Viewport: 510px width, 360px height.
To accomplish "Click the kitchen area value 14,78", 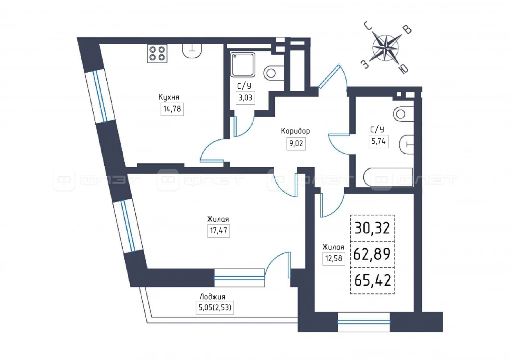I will point(172,109).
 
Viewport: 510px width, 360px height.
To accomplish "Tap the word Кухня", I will point(169,97).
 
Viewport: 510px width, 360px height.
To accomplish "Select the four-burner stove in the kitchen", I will point(157,53).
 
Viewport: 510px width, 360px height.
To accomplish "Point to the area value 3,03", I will point(245,98).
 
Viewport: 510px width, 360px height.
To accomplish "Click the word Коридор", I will point(295,131).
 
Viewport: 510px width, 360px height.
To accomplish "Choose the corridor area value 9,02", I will point(295,143).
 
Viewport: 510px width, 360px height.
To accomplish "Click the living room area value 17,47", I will point(218,231).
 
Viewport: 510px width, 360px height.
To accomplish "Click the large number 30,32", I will point(372,229).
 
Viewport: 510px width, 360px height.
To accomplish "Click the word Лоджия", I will point(212,297).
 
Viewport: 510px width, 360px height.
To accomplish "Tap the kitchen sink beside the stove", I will point(192,50).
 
